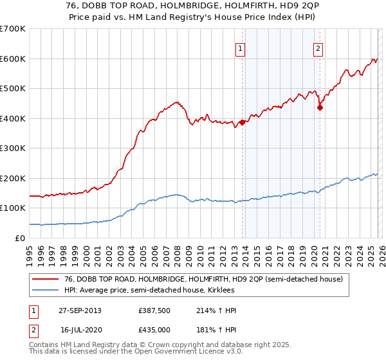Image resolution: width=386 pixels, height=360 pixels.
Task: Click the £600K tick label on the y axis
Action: click(x=12, y=59)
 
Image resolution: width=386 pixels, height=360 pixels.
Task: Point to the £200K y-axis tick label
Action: click(x=12, y=178)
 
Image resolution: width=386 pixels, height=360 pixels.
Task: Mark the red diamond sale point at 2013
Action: click(x=242, y=122)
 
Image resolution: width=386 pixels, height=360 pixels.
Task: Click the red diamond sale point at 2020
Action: click(x=319, y=108)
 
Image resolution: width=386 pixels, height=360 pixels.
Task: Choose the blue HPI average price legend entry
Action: click(x=149, y=291)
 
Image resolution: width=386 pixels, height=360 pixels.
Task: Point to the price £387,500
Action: click(x=154, y=310)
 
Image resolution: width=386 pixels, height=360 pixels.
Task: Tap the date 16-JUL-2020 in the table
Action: click(x=80, y=328)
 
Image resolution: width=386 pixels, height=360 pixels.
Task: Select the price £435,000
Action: click(x=154, y=328)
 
